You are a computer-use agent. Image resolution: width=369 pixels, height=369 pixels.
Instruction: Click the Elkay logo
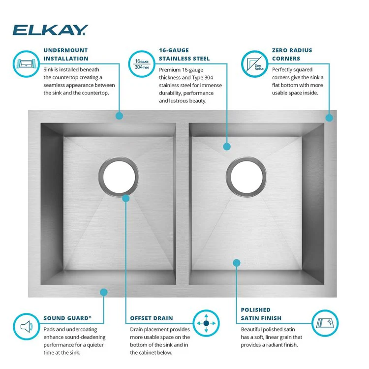(x=50, y=30)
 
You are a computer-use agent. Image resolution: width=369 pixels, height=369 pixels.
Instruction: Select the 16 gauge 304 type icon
(x=141, y=63)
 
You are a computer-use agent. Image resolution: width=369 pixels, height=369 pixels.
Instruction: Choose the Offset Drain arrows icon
(x=206, y=323)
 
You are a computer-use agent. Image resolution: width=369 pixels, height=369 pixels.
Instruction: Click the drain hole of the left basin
(x=118, y=176)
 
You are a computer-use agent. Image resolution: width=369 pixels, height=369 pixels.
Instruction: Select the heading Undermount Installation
(x=65, y=54)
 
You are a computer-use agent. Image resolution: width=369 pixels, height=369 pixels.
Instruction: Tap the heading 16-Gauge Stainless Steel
(x=184, y=54)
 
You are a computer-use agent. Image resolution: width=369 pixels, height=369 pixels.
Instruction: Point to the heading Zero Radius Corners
(x=292, y=54)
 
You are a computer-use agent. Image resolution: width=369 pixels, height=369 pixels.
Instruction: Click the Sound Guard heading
(x=67, y=318)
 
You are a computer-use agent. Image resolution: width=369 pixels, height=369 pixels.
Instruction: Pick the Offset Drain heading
(x=152, y=318)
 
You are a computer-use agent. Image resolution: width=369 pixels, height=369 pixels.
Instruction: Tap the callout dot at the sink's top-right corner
(x=329, y=118)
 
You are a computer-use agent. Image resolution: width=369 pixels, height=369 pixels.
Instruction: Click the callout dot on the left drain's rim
(x=126, y=198)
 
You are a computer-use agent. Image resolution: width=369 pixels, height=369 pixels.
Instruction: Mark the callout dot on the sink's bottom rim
(x=103, y=292)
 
